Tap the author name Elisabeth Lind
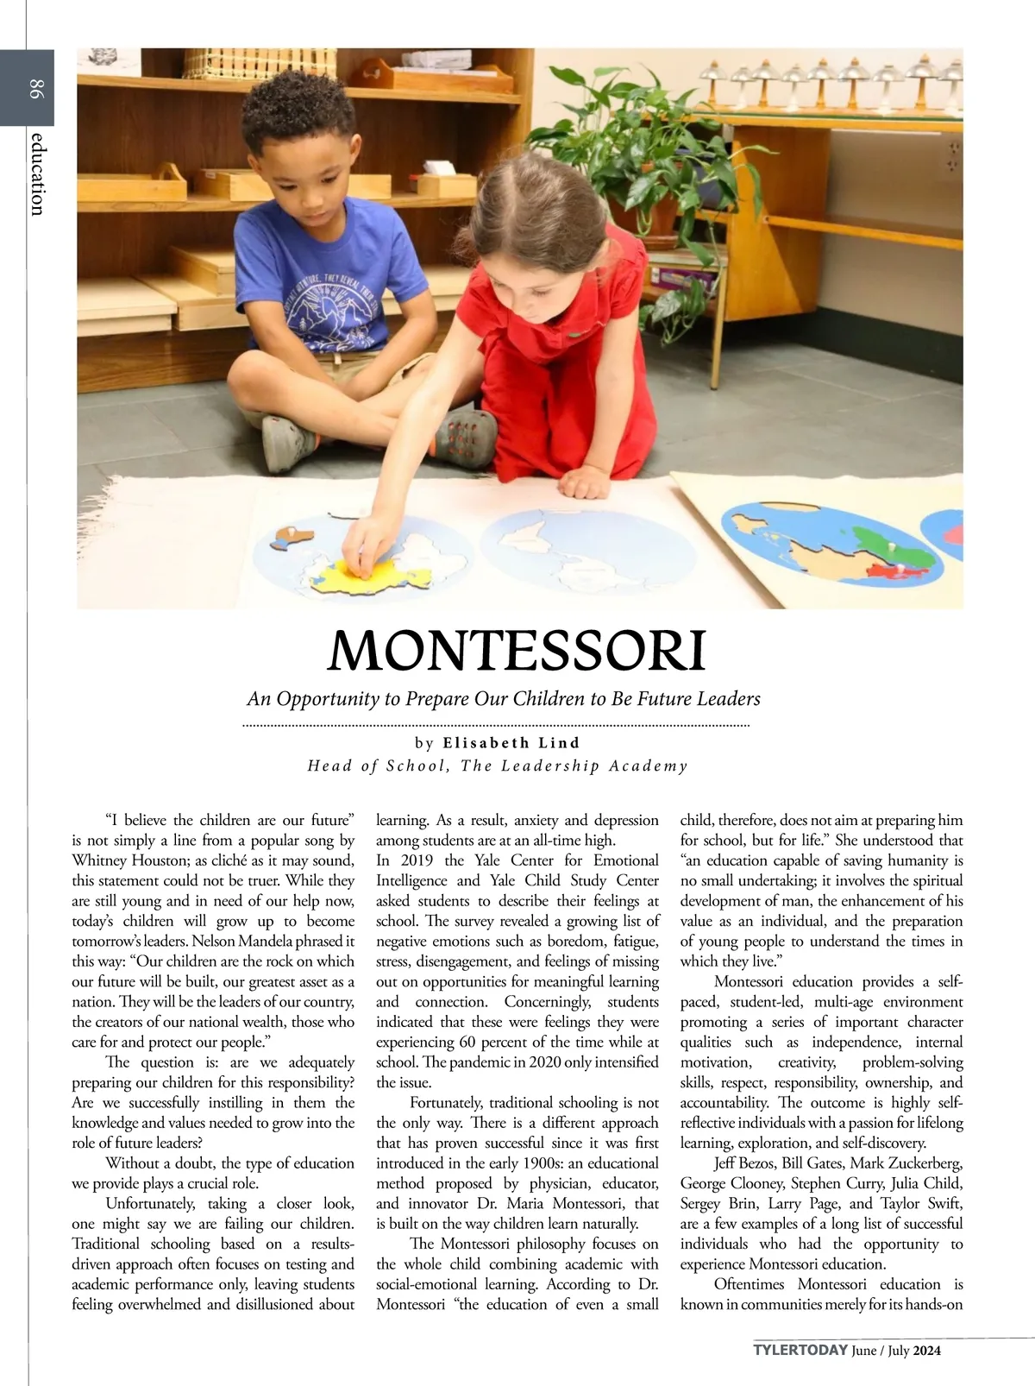(511, 743)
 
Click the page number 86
(34, 87)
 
